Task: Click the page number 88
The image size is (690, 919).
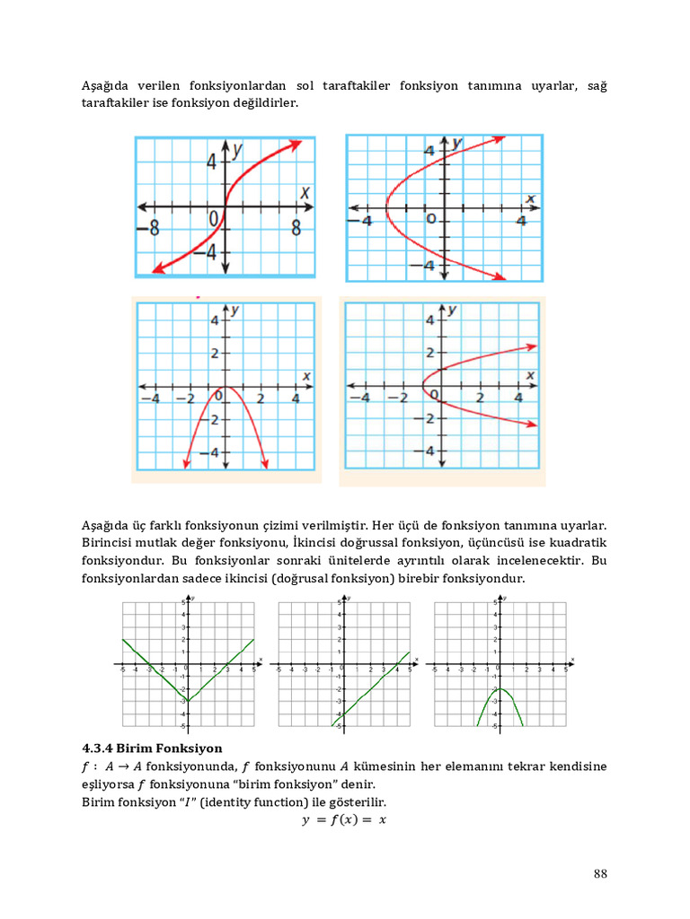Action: point(601,874)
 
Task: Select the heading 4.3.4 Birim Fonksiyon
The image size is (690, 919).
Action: point(152,748)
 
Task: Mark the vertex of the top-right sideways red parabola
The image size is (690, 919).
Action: point(385,209)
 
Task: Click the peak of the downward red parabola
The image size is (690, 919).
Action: point(225,388)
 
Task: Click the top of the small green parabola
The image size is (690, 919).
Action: point(500,688)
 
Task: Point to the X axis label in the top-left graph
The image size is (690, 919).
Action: point(305,192)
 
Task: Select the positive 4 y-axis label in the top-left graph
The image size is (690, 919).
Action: point(212,162)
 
